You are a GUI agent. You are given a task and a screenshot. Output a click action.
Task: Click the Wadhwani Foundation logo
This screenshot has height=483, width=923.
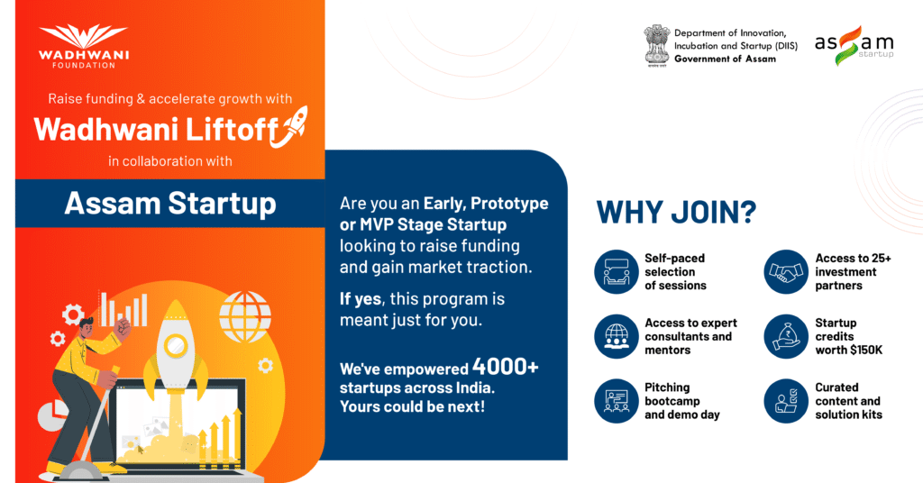point(84,46)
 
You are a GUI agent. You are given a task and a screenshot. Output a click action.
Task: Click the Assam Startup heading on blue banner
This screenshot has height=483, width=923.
point(170,204)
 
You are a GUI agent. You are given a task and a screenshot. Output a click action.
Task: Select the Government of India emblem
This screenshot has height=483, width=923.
point(656,46)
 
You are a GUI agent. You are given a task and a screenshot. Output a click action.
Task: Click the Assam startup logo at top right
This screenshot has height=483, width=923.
point(854,45)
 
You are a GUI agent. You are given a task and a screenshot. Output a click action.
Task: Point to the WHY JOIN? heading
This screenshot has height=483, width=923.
point(676,212)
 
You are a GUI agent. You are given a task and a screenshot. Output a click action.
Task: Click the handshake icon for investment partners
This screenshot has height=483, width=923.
point(786,272)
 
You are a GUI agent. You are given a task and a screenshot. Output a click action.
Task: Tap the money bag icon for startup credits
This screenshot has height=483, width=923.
point(786,336)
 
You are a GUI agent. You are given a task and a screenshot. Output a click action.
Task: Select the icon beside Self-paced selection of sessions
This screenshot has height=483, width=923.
point(617,272)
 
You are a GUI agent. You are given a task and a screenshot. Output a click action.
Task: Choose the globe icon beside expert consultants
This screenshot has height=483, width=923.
point(617,336)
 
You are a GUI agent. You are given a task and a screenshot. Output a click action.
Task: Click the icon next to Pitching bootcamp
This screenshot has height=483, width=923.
point(617,401)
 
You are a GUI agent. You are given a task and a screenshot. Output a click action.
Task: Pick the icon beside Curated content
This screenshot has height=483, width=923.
point(786,401)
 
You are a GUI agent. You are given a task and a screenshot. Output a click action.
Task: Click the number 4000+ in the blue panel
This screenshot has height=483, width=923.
point(505,367)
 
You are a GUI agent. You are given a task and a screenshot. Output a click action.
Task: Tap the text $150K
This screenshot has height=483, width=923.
point(866,350)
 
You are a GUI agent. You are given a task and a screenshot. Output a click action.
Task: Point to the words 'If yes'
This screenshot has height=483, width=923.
point(361,299)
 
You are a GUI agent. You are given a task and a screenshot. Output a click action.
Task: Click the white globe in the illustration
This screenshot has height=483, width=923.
point(245,317)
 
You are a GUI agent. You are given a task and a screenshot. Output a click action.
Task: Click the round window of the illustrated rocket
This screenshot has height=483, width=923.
point(176,345)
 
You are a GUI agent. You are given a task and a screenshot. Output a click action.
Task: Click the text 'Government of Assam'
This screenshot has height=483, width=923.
point(726,59)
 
